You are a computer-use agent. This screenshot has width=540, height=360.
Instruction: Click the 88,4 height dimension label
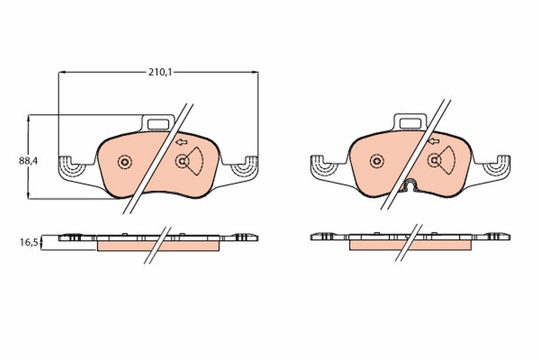(28, 161)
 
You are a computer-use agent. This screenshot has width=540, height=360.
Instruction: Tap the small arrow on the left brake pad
(181, 142)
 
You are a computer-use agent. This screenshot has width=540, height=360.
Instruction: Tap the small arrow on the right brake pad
(433, 142)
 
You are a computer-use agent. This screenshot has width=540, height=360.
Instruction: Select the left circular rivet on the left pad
(125, 162)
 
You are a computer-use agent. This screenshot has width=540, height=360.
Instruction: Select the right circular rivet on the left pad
(182, 161)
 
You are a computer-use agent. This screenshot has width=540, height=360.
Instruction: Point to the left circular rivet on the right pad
(377, 161)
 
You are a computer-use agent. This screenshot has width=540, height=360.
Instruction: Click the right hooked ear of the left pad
(245, 166)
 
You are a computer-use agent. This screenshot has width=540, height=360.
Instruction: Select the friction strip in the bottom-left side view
(130, 246)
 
